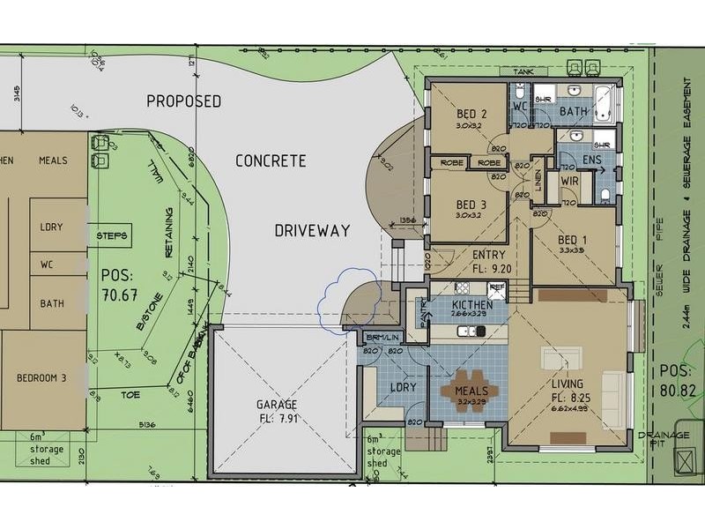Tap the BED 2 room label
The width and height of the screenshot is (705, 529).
471,114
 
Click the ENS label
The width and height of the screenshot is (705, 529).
592,160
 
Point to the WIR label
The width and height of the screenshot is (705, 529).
558,183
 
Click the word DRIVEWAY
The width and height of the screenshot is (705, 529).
311,231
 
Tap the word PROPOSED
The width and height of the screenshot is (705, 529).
183,101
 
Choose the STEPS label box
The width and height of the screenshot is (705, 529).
113,236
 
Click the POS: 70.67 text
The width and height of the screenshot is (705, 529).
120,283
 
